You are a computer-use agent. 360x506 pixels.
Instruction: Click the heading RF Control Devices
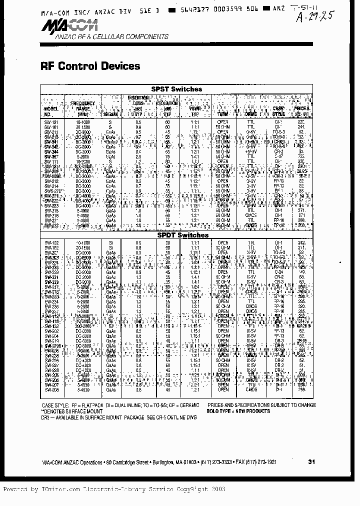tap(89, 66)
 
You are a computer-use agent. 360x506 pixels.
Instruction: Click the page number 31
tap(312, 462)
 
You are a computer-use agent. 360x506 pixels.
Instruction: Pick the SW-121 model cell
tap(51, 121)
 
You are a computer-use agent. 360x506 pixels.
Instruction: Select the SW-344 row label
tap(51, 151)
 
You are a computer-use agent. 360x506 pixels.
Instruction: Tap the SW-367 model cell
tap(51, 156)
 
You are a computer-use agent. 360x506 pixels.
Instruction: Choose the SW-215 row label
tap(51, 210)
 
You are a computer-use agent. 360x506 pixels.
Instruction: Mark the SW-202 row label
tap(51, 331)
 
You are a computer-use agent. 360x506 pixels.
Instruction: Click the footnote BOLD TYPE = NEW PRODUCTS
tap(238, 411)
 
